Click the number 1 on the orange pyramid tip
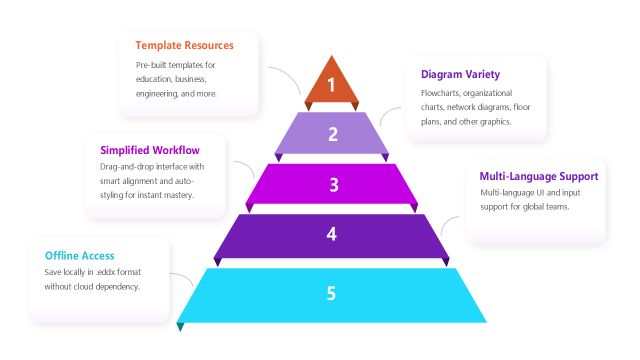(x=331, y=84)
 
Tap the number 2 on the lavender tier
(x=333, y=134)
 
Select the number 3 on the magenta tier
(x=334, y=185)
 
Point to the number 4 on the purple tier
(x=331, y=234)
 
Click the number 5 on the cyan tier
(x=331, y=293)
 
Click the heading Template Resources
(x=184, y=45)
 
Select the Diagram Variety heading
(x=460, y=74)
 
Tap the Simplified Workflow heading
(x=149, y=150)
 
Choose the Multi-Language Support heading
(x=538, y=176)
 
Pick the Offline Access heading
(x=79, y=256)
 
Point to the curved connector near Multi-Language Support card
(x=447, y=223)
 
